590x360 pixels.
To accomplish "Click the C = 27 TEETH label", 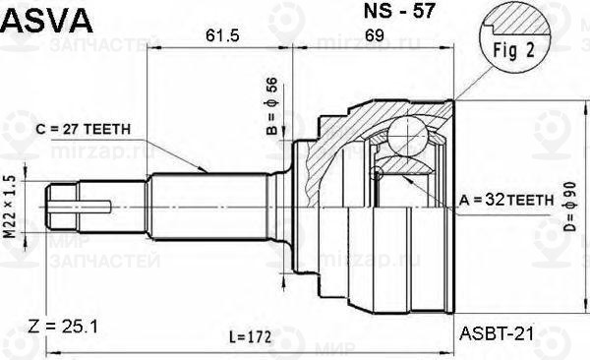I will click(x=89, y=129).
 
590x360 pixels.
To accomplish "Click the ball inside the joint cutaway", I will click(x=406, y=135).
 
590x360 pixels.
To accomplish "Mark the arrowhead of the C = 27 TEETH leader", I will click(x=207, y=171).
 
